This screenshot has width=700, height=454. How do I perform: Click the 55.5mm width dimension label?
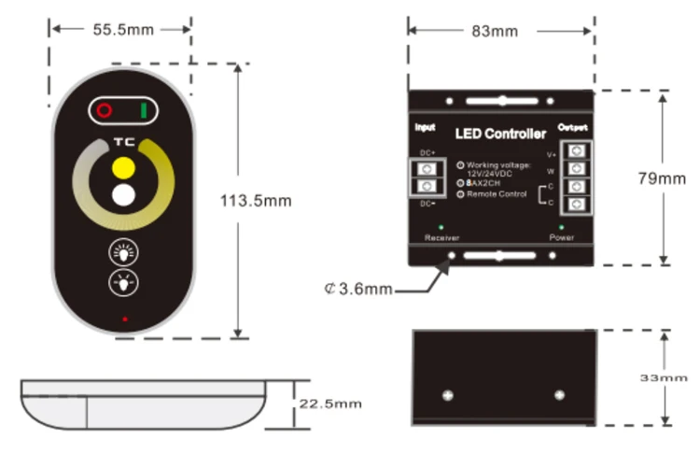[123, 30]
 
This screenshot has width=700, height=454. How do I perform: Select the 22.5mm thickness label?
[329, 404]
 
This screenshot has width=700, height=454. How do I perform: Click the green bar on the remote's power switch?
[144, 111]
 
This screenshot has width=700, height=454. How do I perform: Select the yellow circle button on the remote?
[123, 168]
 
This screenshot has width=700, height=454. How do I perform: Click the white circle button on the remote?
[123, 196]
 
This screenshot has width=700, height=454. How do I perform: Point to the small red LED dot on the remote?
[123, 320]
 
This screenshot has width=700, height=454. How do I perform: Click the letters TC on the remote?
[123, 142]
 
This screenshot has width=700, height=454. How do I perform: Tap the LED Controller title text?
[500, 135]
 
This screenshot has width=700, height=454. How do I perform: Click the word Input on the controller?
[425, 127]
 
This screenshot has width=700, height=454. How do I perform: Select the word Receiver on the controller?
[441, 238]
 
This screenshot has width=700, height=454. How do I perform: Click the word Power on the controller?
[561, 238]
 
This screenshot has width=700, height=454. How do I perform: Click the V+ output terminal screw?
[578, 150]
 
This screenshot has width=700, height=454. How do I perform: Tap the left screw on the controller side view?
[447, 394]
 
